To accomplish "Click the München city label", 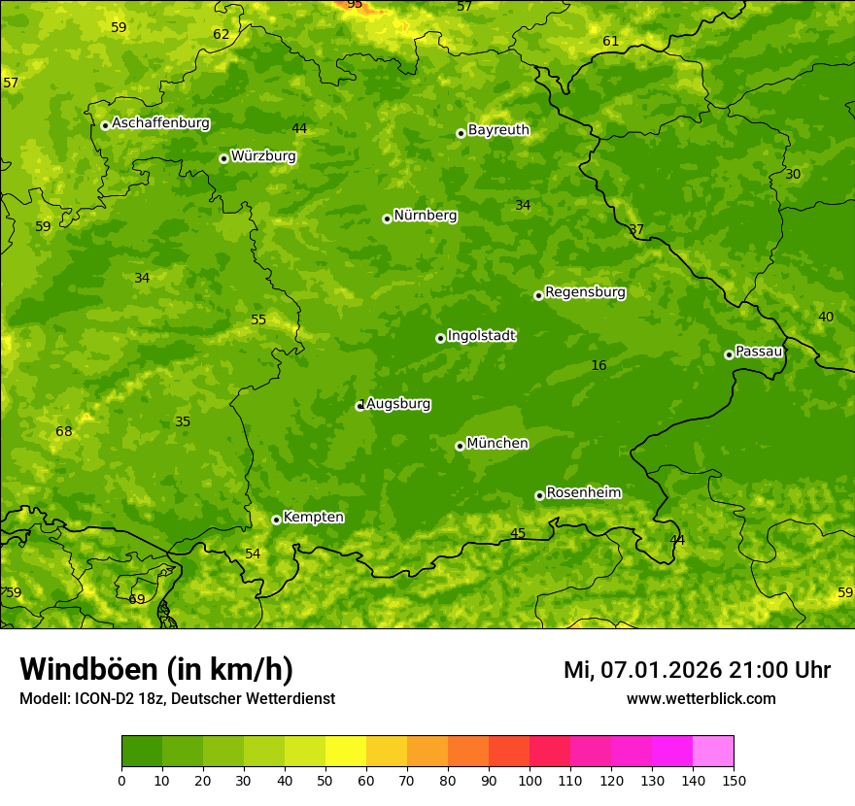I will click(497, 444).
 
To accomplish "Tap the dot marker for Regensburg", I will click(538, 295).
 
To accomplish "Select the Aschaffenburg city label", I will click(160, 123).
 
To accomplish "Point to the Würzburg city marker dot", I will click(223, 158).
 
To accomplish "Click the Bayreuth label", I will click(498, 130).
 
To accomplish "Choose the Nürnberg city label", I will click(425, 216).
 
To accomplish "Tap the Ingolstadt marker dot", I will click(440, 338).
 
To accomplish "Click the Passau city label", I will click(759, 352).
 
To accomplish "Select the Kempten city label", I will click(313, 518).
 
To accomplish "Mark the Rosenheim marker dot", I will click(539, 496).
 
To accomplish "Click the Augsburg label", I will click(398, 404).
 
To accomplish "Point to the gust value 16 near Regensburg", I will click(598, 366).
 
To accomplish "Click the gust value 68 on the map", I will click(64, 432).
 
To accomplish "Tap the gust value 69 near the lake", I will click(137, 599).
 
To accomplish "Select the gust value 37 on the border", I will click(636, 230).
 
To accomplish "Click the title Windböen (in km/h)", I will click(155, 669).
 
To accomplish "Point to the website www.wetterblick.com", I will click(701, 699).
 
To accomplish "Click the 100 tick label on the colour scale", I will click(530, 780).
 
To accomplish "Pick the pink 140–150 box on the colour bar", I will click(713, 752).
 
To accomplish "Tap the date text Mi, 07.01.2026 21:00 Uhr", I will click(697, 670).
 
